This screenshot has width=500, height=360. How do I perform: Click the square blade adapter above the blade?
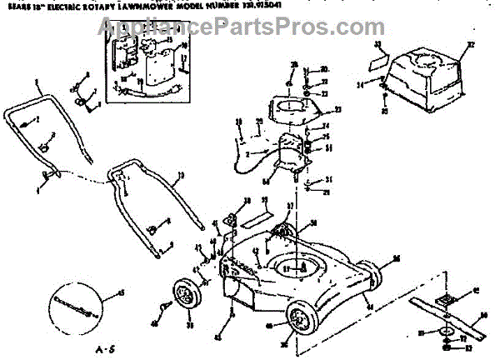[x=445, y=299]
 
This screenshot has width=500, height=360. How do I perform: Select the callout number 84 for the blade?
[x=482, y=315]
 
